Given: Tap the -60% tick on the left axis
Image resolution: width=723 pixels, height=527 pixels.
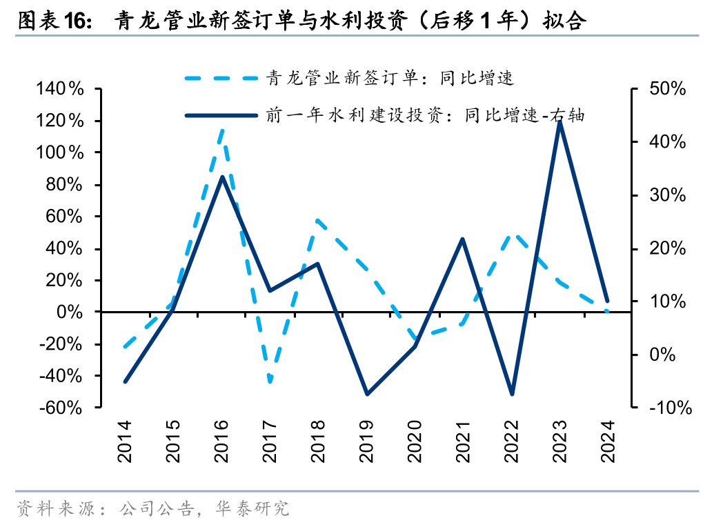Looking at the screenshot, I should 60,408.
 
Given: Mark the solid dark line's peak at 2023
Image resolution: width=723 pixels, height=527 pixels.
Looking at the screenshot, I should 559,121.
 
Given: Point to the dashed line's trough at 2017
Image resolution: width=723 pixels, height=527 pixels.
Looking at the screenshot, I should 270,381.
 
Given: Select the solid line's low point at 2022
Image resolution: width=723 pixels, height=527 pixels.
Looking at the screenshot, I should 511,394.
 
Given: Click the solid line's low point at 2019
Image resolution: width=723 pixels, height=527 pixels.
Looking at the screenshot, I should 366,394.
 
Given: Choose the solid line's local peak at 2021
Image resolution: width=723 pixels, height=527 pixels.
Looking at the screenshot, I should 463,239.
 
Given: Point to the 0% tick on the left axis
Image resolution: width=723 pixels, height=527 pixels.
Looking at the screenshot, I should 69,312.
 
